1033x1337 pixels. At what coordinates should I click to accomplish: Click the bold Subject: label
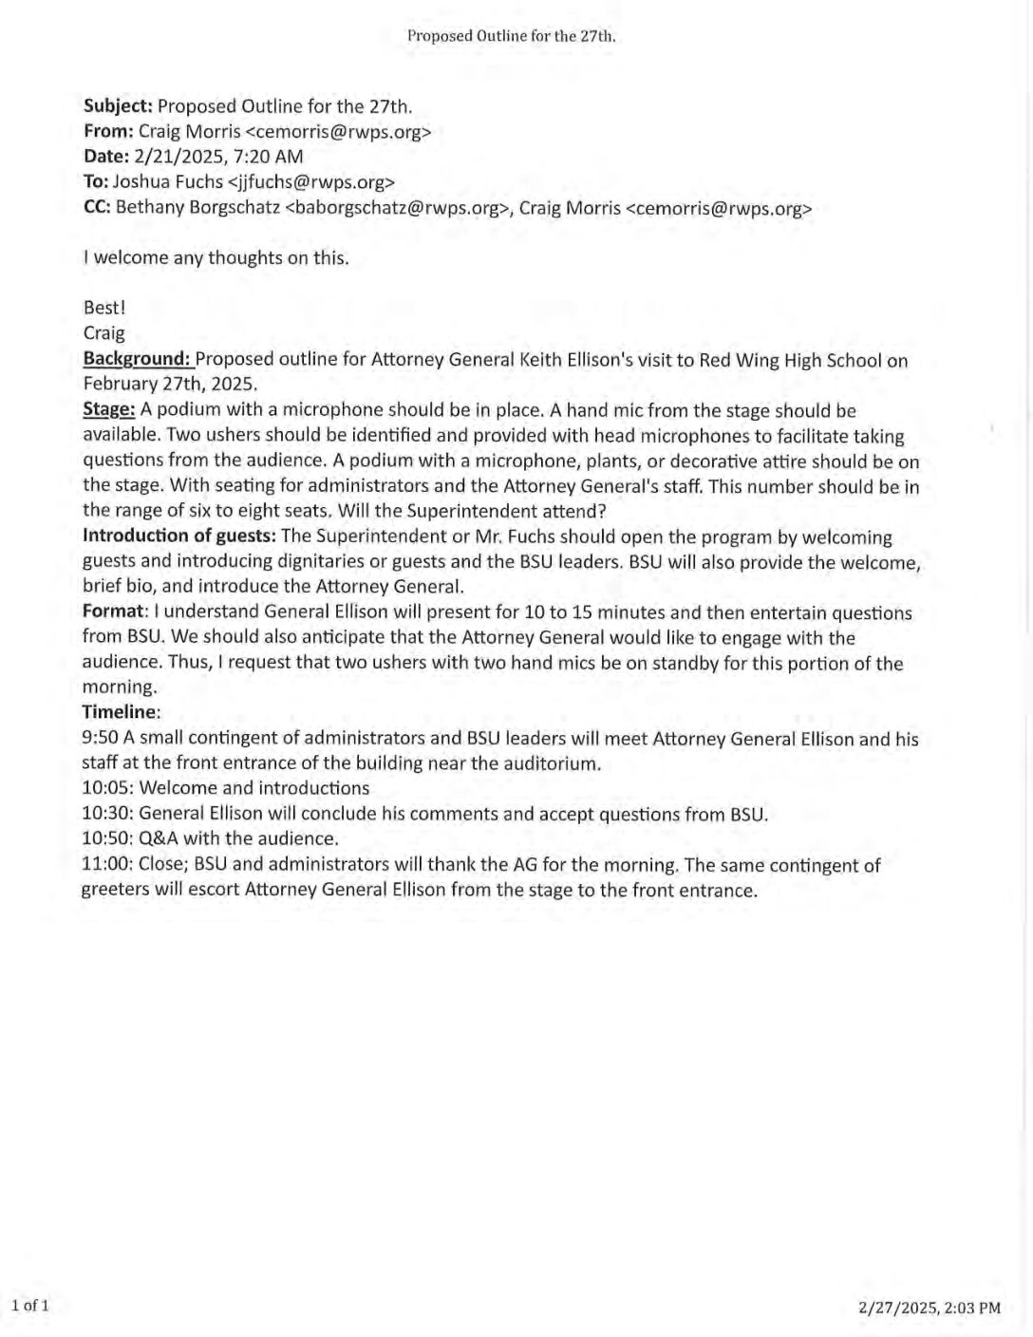tap(118, 106)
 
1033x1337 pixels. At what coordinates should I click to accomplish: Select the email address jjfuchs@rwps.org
tap(311, 182)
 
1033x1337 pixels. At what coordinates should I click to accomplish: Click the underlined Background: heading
tap(138, 359)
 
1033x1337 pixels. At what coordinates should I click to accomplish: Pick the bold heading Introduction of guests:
tap(179, 537)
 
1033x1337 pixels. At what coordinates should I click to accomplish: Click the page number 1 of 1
tap(29, 1306)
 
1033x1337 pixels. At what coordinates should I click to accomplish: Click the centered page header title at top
tap(512, 36)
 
